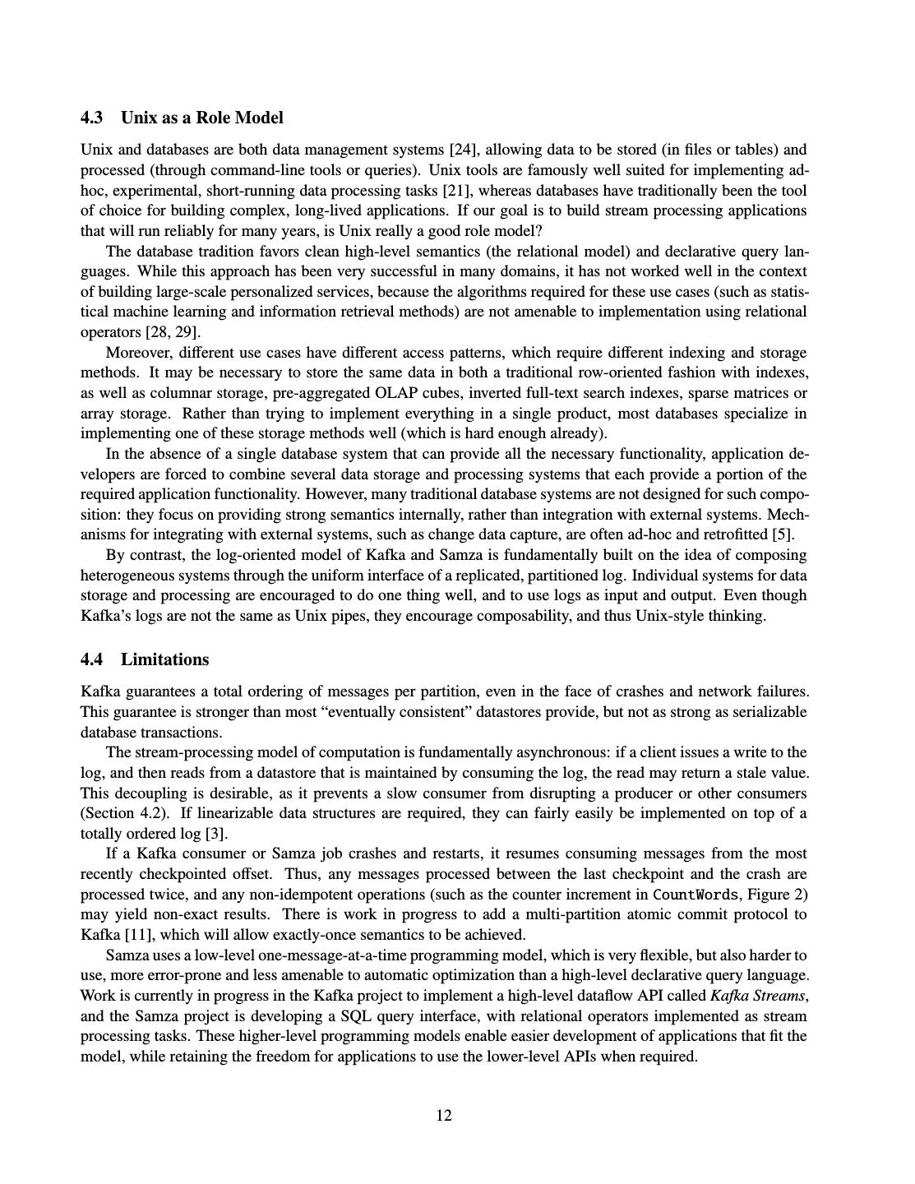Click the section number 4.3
point(91,118)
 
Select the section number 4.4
point(91,659)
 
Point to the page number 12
point(444,1115)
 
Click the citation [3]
point(215,833)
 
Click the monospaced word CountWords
point(695,894)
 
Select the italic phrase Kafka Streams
point(758,995)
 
